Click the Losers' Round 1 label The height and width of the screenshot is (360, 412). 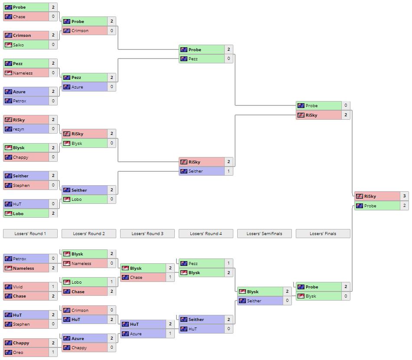[x=30, y=234]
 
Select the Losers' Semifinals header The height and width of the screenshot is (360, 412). [x=264, y=234]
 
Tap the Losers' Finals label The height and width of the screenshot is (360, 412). [x=323, y=234]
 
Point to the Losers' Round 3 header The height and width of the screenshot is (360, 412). [x=147, y=234]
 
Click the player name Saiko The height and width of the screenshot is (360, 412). [x=18, y=45]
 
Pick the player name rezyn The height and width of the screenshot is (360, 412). [x=19, y=129]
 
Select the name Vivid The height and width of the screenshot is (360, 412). [x=18, y=287]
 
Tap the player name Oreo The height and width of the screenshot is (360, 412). [x=18, y=352]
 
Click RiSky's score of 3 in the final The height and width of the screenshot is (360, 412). [x=404, y=196]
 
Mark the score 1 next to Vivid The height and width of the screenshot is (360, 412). [x=53, y=287]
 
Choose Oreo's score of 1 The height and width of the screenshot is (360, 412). [x=53, y=352]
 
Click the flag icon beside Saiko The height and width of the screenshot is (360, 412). [x=8, y=45]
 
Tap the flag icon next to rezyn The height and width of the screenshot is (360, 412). [x=8, y=129]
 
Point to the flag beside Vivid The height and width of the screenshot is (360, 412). [x=8, y=287]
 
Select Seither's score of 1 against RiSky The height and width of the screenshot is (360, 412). [x=229, y=171]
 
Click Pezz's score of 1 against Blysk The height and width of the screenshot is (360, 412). [x=229, y=263]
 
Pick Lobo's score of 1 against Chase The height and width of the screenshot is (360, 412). [x=111, y=282]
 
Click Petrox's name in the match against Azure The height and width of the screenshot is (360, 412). [x=20, y=101]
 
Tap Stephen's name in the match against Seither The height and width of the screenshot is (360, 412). [x=21, y=185]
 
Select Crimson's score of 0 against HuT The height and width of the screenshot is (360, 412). [x=111, y=310]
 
